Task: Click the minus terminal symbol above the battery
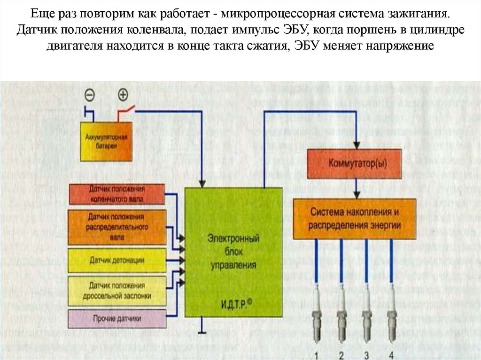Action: (89, 95)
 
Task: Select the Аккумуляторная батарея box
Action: (107, 141)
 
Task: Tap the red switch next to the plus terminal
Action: (126, 111)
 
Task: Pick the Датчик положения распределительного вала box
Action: (118, 228)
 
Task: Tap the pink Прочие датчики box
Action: (117, 319)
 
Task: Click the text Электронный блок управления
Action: (233, 252)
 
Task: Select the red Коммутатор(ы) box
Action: (355, 164)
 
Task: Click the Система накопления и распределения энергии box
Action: (355, 219)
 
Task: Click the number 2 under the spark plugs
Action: (341, 354)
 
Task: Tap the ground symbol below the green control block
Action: (202, 331)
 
